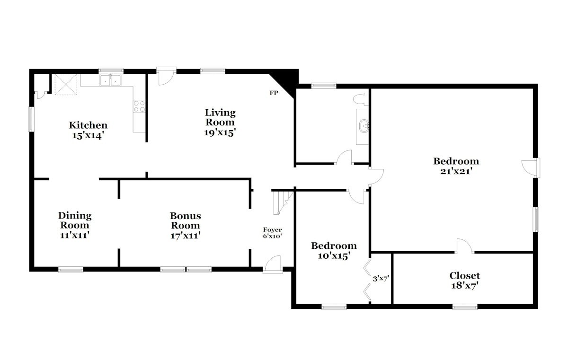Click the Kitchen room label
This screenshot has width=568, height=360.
pyautogui.click(x=88, y=125)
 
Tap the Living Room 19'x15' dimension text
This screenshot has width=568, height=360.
pyautogui.click(x=220, y=132)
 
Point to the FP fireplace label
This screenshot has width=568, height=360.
pyautogui.click(x=274, y=93)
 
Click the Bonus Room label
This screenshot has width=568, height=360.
pyautogui.click(x=186, y=220)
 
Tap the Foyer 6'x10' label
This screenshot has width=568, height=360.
pyautogui.click(x=272, y=233)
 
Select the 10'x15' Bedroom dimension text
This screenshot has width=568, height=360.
pyautogui.click(x=334, y=256)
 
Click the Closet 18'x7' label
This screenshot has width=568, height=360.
pyautogui.click(x=464, y=281)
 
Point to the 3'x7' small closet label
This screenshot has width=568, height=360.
pyautogui.click(x=381, y=279)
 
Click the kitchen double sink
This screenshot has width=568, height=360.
pyautogui.click(x=110, y=80)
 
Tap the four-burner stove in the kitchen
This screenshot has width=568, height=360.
pyautogui.click(x=139, y=106)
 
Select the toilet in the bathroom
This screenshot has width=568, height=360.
pyautogui.click(x=360, y=99)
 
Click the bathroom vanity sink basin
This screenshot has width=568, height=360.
pyautogui.click(x=364, y=126)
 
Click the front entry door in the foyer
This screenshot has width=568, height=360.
pyautogui.click(x=273, y=264)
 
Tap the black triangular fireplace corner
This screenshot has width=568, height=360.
pyautogui.click(x=286, y=80)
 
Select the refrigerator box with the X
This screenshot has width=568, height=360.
pyautogui.click(x=66, y=85)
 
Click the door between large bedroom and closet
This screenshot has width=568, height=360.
pyautogui.click(x=464, y=246)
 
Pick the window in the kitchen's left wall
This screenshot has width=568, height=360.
pyautogui.click(x=31, y=119)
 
